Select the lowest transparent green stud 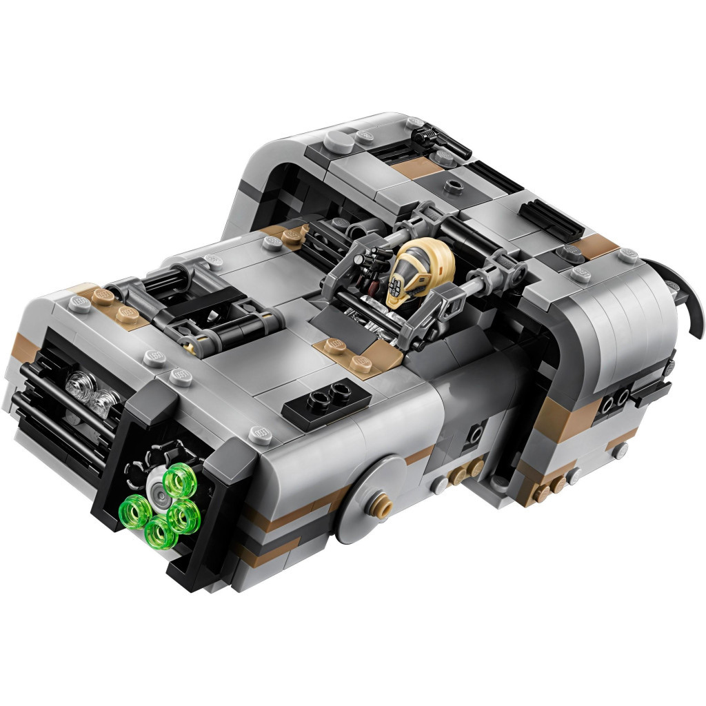coord(159,532)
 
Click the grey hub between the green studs coord(159,490)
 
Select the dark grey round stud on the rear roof coord(452,185)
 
